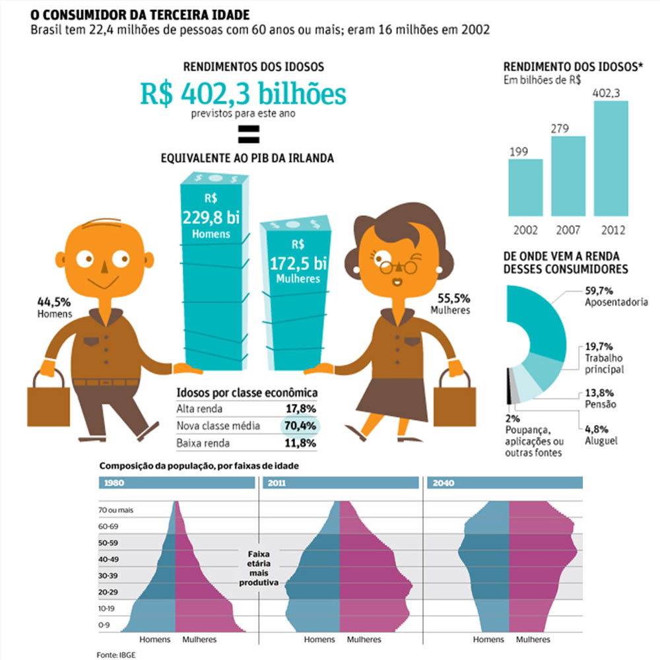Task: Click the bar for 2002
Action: (525, 187)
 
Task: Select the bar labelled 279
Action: (568, 176)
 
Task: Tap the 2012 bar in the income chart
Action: (611, 158)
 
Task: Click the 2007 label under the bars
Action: (568, 231)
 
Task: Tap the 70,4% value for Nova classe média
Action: (300, 426)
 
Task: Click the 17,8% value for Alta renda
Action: (300, 409)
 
